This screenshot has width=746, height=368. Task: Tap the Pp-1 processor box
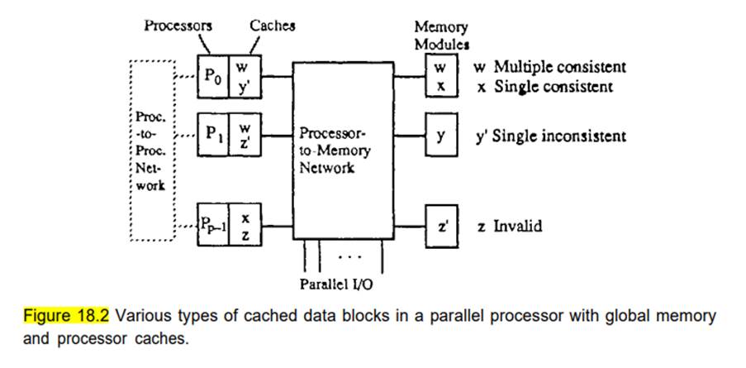point(212,225)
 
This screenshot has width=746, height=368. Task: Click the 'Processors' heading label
point(178,25)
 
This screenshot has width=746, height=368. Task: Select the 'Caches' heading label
point(272,25)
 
